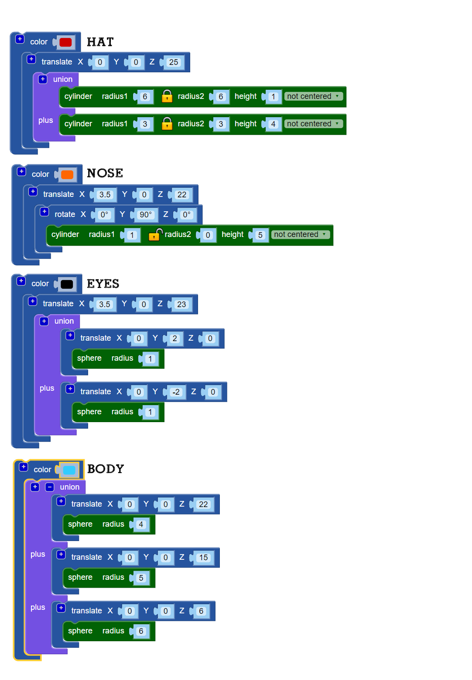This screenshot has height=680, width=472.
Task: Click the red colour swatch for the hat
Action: coord(65,42)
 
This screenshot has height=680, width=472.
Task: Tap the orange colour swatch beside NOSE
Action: coord(67,175)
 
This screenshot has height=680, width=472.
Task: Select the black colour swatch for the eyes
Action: coord(67,284)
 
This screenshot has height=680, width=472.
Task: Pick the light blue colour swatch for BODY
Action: coord(69,470)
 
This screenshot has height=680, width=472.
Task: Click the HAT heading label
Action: coord(100,42)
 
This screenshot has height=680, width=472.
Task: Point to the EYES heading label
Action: coord(103,284)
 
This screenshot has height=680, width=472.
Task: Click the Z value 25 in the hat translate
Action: coord(174,62)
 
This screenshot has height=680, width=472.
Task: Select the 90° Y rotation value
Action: coord(145,215)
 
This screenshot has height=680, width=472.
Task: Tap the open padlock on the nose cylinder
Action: coord(155,234)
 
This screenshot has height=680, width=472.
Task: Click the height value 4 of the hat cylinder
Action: coord(273,124)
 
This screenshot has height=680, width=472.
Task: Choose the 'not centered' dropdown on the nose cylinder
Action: coord(300,234)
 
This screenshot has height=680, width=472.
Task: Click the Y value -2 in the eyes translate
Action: coord(176,392)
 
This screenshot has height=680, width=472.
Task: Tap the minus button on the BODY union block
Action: coord(50,487)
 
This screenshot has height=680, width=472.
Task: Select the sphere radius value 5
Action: coord(141,578)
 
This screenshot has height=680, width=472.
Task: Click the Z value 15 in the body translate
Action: coord(203,558)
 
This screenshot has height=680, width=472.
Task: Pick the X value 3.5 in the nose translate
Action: coord(105,195)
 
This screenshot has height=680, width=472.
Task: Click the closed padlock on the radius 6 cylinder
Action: coord(167,96)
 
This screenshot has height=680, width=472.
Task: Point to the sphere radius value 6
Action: coord(141,631)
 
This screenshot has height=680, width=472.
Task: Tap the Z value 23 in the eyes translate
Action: coord(181,304)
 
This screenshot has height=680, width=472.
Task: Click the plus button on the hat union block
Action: coord(43,79)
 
